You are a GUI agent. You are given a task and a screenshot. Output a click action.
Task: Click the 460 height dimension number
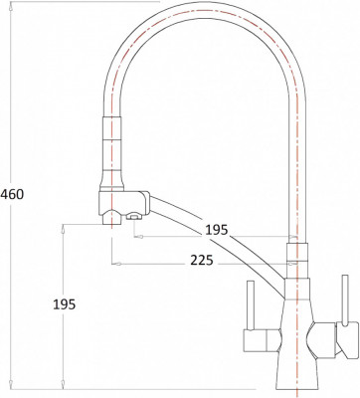(x=13, y=193)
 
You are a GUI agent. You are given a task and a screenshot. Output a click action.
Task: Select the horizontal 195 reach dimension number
(x=216, y=231)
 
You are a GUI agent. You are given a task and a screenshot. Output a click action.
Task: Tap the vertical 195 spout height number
(x=61, y=303)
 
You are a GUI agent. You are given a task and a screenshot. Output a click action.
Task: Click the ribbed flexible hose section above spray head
(x=112, y=145)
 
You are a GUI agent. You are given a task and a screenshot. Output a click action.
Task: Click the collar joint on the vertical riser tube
(x=296, y=250)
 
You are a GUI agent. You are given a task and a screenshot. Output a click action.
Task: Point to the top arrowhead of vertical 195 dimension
(x=65, y=226)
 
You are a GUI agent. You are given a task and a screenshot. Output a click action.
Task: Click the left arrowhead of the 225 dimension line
(x=113, y=264)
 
